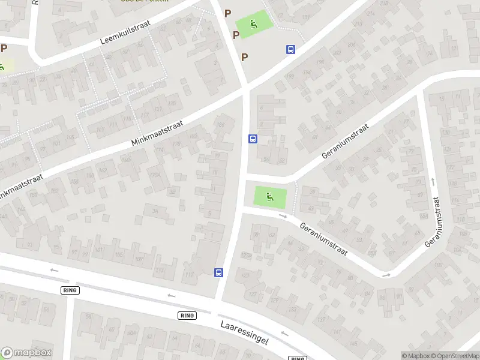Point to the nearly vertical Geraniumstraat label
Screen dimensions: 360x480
tap(437, 221)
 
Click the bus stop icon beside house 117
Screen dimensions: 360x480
tap(219, 273)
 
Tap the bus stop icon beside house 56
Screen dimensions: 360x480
tap(253, 139)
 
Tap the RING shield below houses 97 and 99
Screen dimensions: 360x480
tap(70, 290)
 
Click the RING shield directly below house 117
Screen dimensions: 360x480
tap(187, 315)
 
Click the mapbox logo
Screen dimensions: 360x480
tap(26, 353)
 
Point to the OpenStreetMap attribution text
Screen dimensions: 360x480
tap(454, 356)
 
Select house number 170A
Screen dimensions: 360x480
tap(154, 175)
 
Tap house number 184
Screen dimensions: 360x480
tap(220, 125)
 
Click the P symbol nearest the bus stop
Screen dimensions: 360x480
tap(244, 57)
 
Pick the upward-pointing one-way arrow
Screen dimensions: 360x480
tap(433, 180)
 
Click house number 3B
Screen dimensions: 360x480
tap(173, 192)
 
